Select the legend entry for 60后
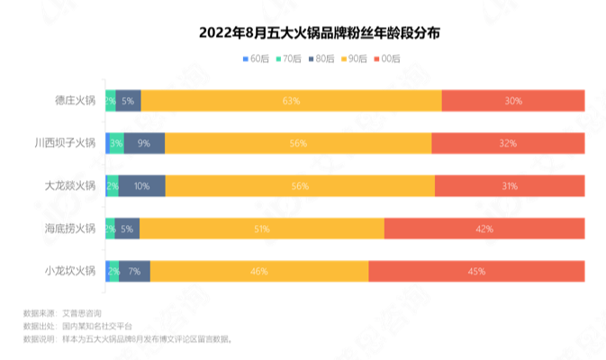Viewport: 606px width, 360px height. (x=258, y=58)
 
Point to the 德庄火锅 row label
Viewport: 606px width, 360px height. (x=75, y=101)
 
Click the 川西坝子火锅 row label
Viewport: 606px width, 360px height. (x=64, y=143)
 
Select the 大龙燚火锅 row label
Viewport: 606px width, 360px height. (x=69, y=185)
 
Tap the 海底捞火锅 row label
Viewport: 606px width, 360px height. (x=69, y=229)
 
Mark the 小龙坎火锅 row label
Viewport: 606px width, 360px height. (x=69, y=271)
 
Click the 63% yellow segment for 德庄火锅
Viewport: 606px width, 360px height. (x=291, y=101)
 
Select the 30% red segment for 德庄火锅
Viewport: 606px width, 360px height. (x=513, y=101)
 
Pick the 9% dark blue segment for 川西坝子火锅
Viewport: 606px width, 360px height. (x=144, y=143)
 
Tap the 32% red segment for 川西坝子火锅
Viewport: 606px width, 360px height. (x=508, y=143)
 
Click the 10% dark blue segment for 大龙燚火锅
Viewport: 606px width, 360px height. (x=142, y=185)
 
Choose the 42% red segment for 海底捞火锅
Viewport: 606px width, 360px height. (x=484, y=229)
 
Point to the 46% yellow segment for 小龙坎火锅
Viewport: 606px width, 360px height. (x=259, y=271)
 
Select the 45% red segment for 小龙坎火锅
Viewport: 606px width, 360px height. (x=476, y=271)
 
